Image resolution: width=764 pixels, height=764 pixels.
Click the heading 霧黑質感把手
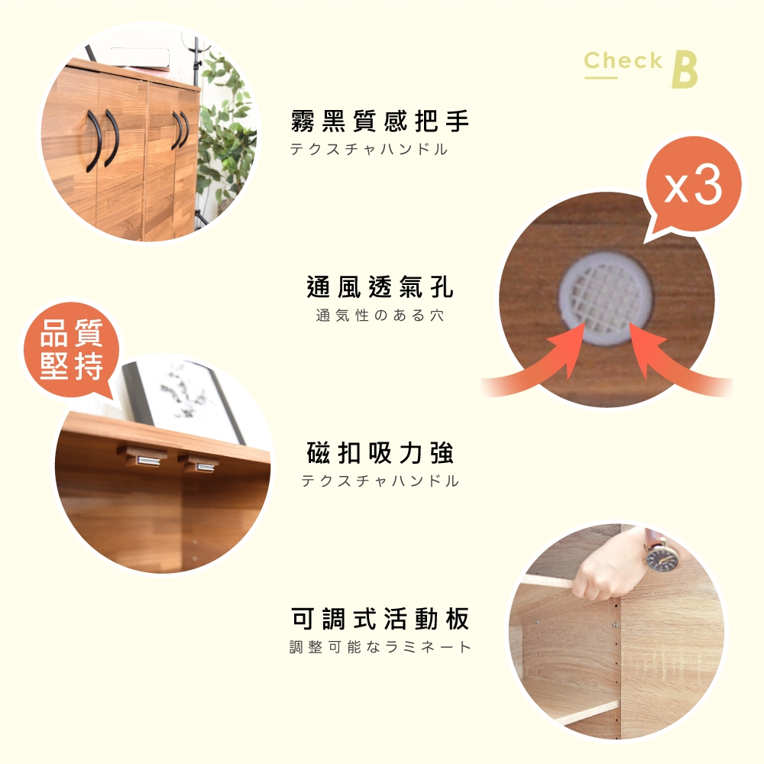(380, 121)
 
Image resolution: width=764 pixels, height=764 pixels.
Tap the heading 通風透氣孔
(380, 286)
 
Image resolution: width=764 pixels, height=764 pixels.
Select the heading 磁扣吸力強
(380, 452)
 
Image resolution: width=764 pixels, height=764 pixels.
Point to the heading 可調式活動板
(380, 619)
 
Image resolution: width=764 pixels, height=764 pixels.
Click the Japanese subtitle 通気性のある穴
(380, 316)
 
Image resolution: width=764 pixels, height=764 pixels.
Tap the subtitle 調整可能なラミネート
(380, 646)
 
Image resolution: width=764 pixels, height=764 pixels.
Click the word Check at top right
(623, 60)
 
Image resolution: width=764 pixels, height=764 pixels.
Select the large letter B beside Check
(685, 70)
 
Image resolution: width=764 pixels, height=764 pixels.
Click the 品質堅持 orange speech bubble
(72, 349)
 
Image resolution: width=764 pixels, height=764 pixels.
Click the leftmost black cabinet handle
(94, 141)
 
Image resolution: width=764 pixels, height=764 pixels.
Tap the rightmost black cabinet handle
(185, 130)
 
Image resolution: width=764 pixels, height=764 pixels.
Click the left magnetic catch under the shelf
(144, 457)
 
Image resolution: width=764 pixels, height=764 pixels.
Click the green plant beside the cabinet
(225, 131)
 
